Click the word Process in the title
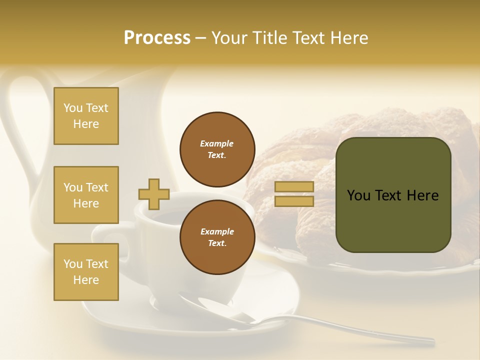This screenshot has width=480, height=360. [x=157, y=38]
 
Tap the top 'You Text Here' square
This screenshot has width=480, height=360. [x=86, y=116]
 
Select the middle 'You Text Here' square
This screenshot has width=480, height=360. [x=86, y=195]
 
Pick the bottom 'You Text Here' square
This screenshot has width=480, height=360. [x=86, y=272]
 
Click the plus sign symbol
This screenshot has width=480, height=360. [x=154, y=194]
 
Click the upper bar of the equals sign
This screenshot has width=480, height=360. [x=294, y=187]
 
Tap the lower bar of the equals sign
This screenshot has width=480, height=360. [x=294, y=201]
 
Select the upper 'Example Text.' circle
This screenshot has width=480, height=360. [x=217, y=149]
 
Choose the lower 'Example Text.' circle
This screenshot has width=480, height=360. [x=217, y=237]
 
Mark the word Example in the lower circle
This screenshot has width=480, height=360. [x=217, y=231]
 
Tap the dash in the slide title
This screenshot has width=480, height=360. [x=201, y=38]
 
